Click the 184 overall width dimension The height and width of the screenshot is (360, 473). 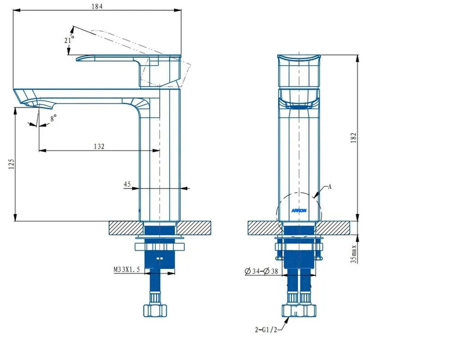[97, 6]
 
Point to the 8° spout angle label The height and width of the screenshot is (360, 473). [54, 118]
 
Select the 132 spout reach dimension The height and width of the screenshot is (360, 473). [99, 147]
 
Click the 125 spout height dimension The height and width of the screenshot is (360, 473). [11, 164]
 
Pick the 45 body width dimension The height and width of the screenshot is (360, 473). [127, 184]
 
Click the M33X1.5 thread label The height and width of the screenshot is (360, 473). [126, 270]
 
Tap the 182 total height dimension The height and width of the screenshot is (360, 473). [354, 138]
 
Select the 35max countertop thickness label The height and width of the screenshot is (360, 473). [354, 254]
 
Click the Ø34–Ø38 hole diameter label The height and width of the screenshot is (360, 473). [261, 271]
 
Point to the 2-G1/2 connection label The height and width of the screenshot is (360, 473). [266, 330]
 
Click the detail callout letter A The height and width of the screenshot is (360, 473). [330, 187]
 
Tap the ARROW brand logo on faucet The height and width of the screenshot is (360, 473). [299, 211]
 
